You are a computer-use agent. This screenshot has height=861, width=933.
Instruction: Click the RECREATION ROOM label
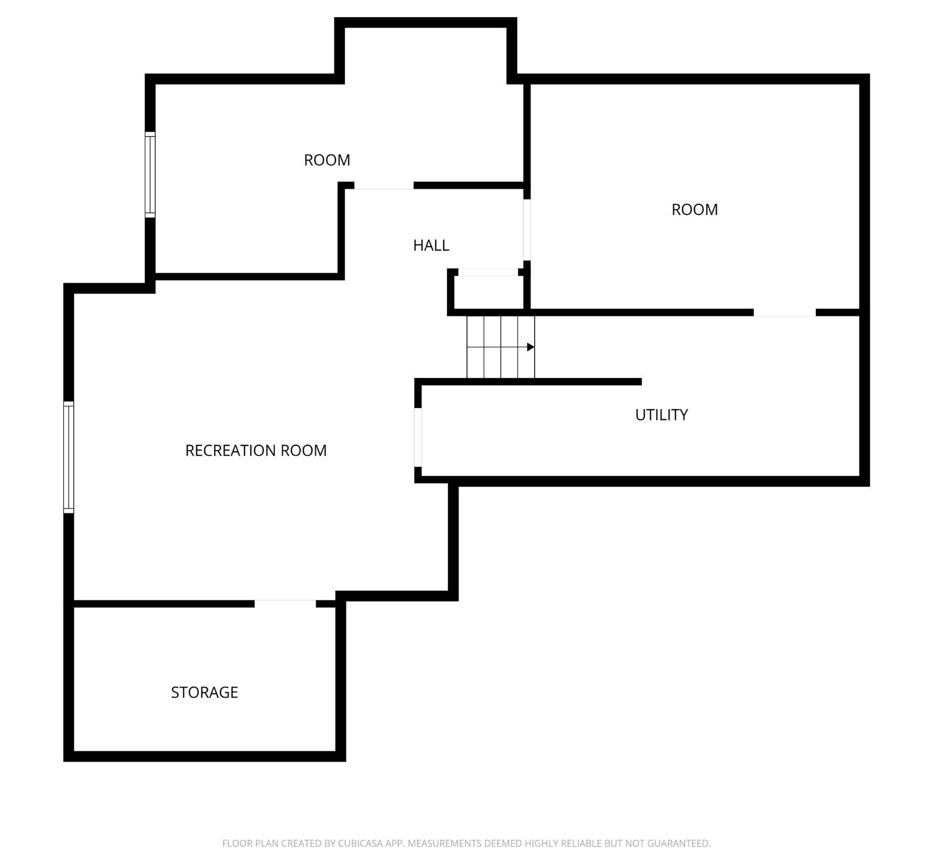coord(256,450)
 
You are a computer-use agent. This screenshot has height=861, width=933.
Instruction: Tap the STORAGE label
coord(204,692)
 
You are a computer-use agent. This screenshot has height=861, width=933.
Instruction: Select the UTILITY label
coord(661,415)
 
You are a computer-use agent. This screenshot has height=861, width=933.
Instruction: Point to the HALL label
coord(431,245)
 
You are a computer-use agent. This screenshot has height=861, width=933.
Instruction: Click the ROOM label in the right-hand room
coord(694,210)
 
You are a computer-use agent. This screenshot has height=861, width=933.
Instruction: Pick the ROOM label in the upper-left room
coord(327,160)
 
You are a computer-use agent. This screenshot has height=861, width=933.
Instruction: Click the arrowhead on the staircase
coord(530,347)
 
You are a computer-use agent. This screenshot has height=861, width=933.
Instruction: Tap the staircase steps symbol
coord(501,347)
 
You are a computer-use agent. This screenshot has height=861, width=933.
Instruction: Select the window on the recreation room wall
coord(69,458)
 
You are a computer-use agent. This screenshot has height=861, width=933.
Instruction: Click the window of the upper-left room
coord(150,175)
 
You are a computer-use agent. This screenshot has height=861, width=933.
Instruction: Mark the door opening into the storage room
coord(285,603)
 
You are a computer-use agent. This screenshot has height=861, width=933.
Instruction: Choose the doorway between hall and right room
coord(527,230)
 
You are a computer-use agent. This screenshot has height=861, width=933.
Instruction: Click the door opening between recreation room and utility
coord(418,437)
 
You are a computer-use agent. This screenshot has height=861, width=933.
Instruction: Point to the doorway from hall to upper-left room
coord(384,186)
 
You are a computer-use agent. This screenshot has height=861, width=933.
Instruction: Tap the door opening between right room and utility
coord(784,312)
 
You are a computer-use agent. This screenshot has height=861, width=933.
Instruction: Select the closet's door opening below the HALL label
coord(488,272)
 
